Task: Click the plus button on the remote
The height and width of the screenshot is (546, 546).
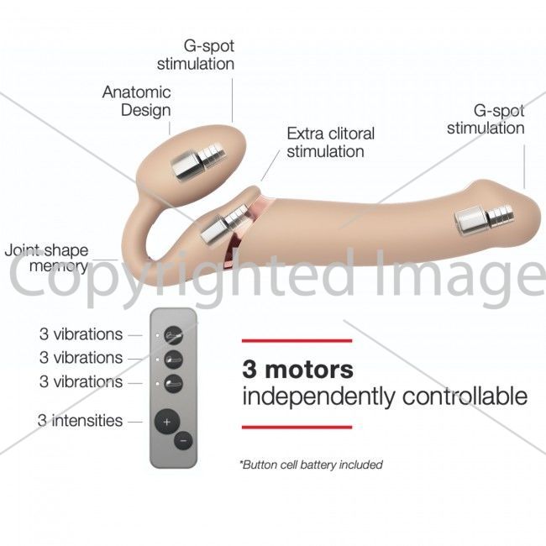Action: click(167, 422)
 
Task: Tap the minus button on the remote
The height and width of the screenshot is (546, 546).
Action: click(183, 441)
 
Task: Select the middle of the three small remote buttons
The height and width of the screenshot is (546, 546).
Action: click(173, 360)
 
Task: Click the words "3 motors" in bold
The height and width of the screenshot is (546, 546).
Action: click(297, 370)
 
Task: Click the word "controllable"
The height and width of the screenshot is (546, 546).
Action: click(465, 396)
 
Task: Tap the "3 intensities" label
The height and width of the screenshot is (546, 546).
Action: click(80, 421)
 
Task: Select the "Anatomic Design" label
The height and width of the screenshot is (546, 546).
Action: click(136, 101)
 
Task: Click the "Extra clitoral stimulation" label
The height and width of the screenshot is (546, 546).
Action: click(330, 143)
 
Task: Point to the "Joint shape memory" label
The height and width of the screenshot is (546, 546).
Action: click(47, 259)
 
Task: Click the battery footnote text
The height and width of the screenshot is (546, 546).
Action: click(311, 465)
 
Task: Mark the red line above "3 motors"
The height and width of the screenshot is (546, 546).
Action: click(297, 340)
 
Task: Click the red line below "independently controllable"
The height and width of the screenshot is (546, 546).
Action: click(297, 427)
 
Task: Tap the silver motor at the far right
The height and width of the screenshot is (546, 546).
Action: click(485, 220)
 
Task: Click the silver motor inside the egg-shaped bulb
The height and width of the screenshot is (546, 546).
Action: click(197, 160)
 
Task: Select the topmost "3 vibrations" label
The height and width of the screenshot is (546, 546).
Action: click(81, 334)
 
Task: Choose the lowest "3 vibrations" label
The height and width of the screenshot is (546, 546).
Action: click(81, 381)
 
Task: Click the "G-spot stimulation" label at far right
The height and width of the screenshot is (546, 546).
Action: click(486, 119)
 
